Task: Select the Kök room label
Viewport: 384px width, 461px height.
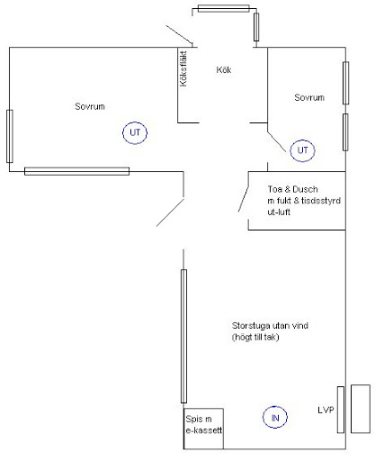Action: pyautogui.click(x=224, y=70)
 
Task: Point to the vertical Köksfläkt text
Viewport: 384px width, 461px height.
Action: pyautogui.click(x=183, y=69)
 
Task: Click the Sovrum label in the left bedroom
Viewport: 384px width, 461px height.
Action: pyautogui.click(x=90, y=106)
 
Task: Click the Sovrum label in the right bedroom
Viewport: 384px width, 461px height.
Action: pyautogui.click(x=309, y=97)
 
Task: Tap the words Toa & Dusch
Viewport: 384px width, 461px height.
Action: pyautogui.click(x=292, y=189)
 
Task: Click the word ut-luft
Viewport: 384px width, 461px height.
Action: pyautogui.click(x=279, y=212)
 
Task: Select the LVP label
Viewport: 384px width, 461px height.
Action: pyautogui.click(x=326, y=410)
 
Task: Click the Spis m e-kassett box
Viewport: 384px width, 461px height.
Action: pyautogui.click(x=203, y=409)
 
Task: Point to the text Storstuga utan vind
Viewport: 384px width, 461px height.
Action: pyautogui.click(x=270, y=326)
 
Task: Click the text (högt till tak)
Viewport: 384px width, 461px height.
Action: pyautogui.click(x=255, y=337)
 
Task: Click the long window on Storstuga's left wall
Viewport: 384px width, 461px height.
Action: pyautogui.click(x=183, y=336)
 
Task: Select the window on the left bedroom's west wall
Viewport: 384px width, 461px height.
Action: pyautogui.click(x=10, y=136)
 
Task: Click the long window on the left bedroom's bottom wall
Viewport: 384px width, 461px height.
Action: pyautogui.click(x=76, y=171)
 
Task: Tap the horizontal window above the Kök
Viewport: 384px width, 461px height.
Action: pyautogui.click(x=223, y=9)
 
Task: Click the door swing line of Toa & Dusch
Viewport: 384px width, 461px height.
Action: pyautogui.click(x=244, y=200)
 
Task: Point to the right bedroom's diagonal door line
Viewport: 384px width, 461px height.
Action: pyautogui.click(x=277, y=142)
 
